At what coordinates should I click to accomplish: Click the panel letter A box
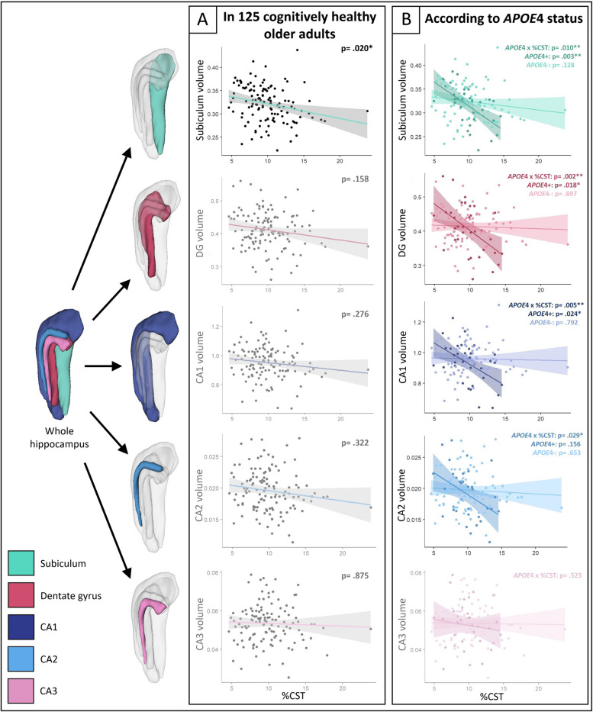click(203, 19)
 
